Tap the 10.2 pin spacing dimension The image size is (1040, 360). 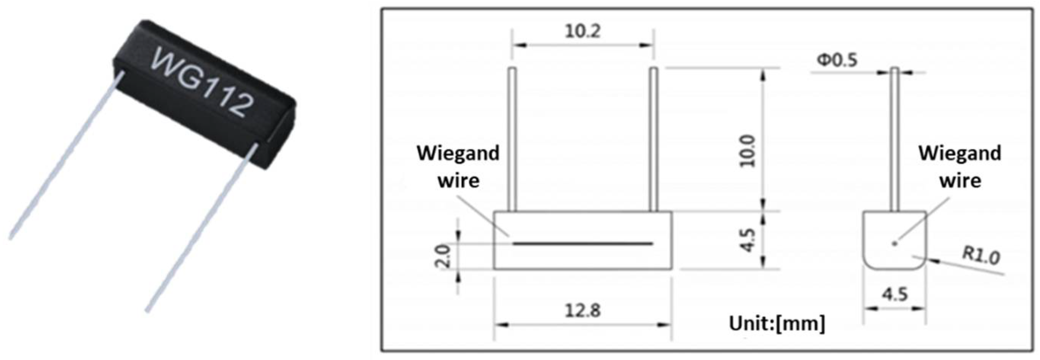tap(582, 31)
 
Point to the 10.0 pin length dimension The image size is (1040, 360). tap(748, 151)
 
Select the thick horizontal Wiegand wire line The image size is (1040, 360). tap(582, 244)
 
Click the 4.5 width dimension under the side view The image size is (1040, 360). tap(895, 295)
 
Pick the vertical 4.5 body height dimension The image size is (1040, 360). tap(748, 240)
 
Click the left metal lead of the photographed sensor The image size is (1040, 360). tap(65, 158)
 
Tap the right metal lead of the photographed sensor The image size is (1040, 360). tap(200, 230)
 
